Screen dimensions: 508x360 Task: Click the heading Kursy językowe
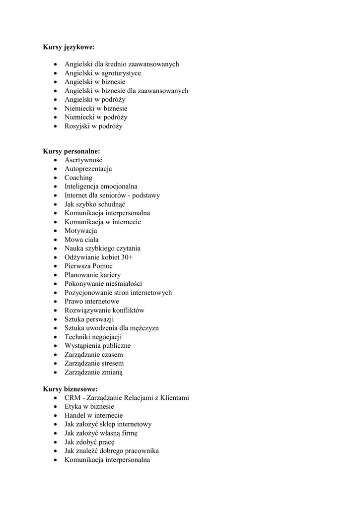[69, 47]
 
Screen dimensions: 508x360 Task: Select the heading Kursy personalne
[72, 151]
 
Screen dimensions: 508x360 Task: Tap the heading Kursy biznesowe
[70, 389]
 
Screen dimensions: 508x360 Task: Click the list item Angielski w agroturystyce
[103, 73]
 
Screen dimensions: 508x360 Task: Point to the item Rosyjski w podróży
[93, 127]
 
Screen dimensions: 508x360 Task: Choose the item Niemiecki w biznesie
[96, 109]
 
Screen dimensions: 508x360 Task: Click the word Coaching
[78, 178]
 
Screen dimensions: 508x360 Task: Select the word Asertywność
[83, 160]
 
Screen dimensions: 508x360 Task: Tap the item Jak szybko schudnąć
[95, 204]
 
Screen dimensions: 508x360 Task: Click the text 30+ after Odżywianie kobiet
[127, 257]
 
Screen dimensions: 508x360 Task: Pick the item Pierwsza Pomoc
[88, 266]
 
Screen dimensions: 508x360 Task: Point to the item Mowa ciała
[81, 240]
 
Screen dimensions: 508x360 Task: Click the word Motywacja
[81, 231]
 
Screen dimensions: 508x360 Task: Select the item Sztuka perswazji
[89, 319]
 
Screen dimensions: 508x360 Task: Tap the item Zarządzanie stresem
[94, 364]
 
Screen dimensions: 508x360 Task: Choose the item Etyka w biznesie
[89, 407]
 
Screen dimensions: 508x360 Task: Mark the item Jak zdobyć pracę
[90, 442]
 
